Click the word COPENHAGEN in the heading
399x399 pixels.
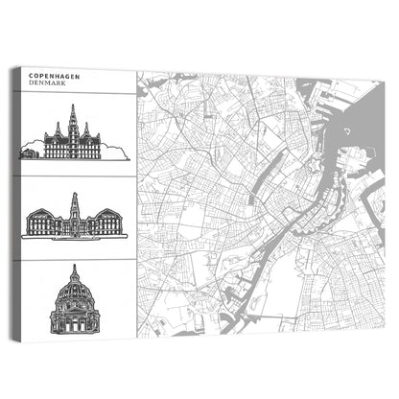click(x=54, y=75)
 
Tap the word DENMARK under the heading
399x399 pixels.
click(x=47, y=83)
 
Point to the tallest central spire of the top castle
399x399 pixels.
click(x=74, y=120)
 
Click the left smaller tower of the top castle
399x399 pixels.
click(x=59, y=131)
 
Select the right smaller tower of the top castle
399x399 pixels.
click(x=89, y=131)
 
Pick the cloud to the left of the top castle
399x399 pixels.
click(x=32, y=149)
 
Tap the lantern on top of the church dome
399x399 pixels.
click(x=75, y=270)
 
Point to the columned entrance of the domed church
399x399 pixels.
click(x=75, y=321)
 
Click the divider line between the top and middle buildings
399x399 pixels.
click(x=75, y=176)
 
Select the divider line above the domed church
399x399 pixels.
click(x=75, y=259)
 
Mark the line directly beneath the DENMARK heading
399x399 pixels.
click(x=75, y=94)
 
